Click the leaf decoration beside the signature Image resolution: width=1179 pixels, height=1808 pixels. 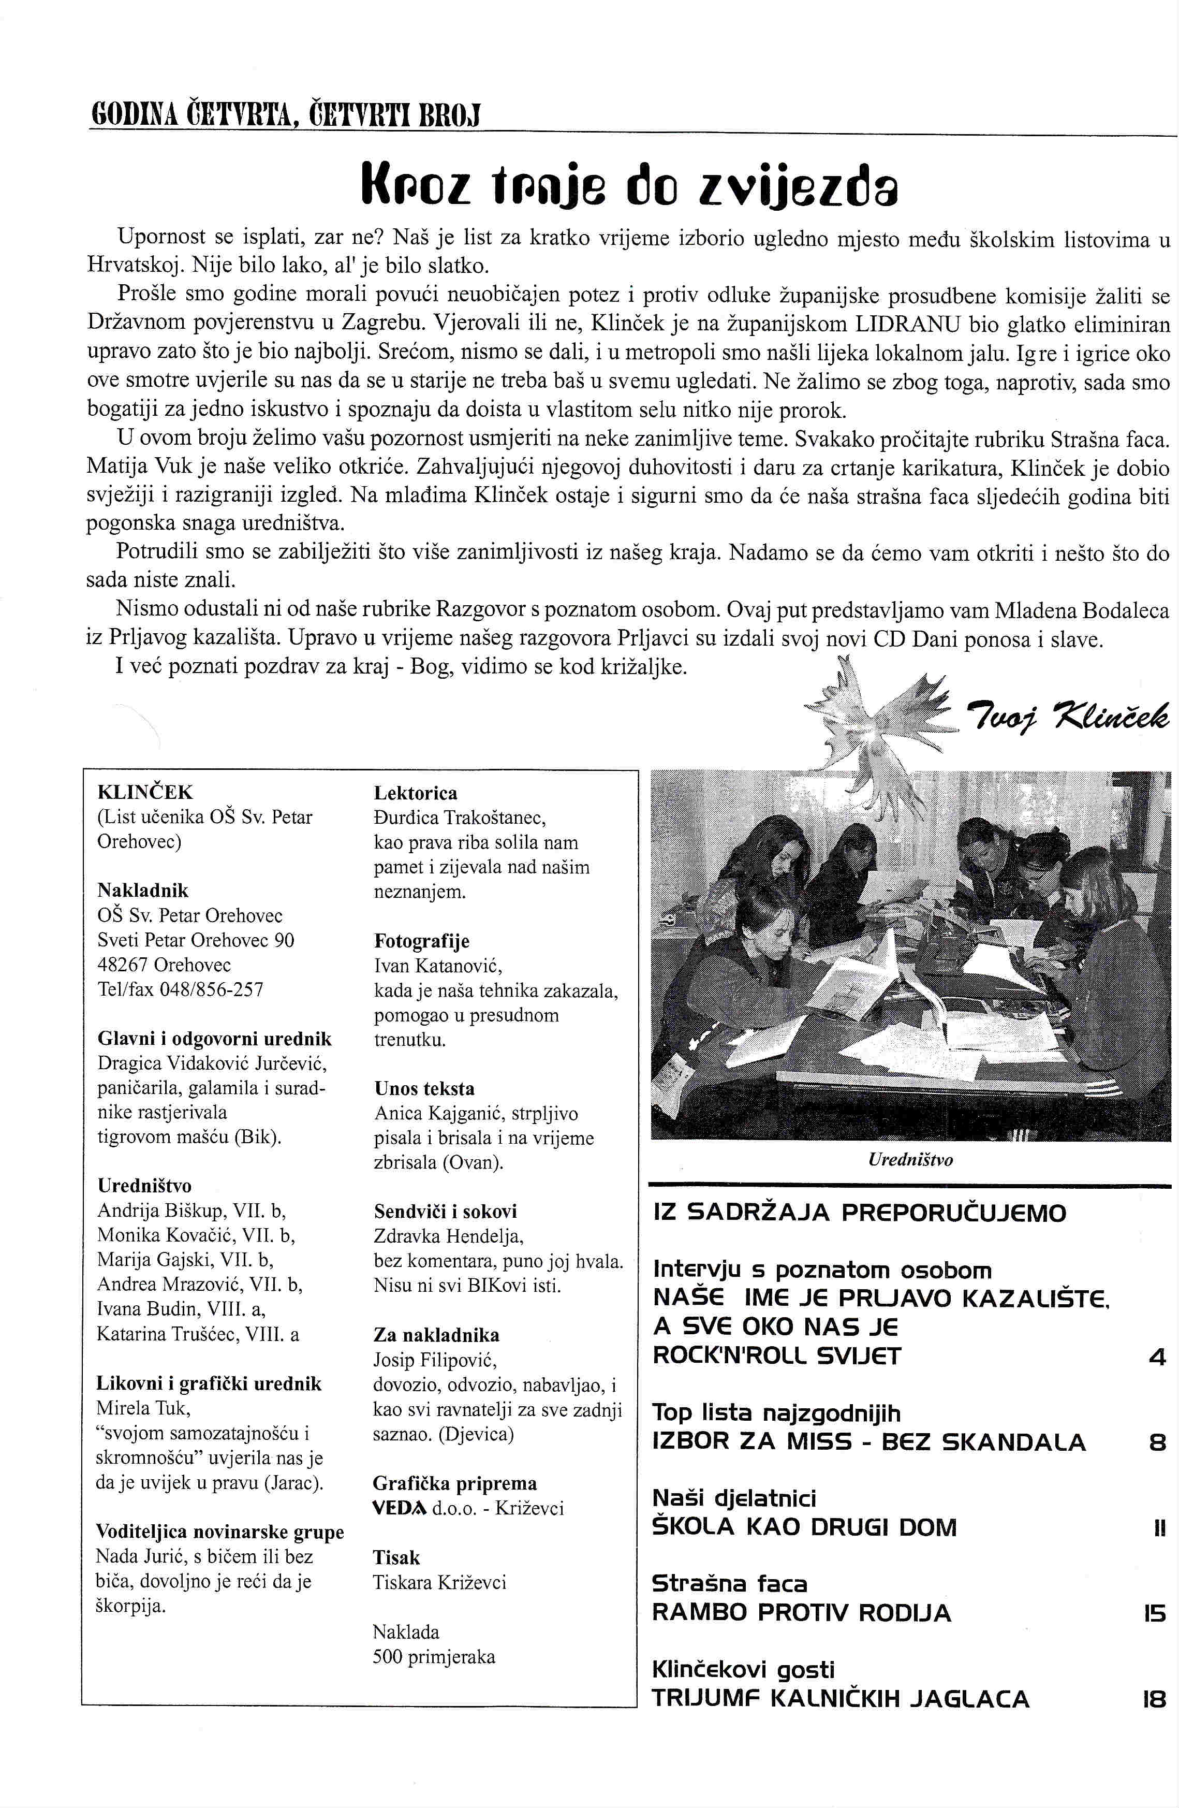(x=881, y=714)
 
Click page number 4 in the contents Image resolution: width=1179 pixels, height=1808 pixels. (x=1156, y=1357)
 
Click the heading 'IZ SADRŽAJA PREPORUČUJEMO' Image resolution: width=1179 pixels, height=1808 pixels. (x=859, y=1213)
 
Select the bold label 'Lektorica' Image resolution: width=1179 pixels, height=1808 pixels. (x=415, y=793)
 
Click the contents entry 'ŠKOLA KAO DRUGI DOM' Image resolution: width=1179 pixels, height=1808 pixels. (x=804, y=1528)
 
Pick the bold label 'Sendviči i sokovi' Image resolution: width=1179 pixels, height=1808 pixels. (x=445, y=1211)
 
